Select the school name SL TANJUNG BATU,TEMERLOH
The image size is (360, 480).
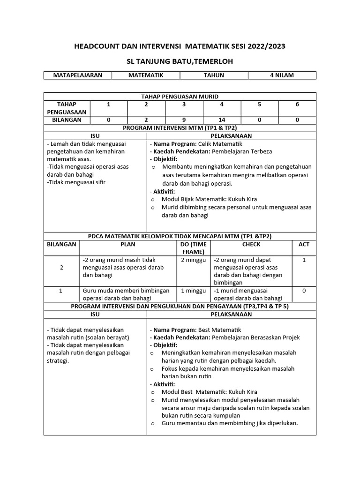pos(180,61)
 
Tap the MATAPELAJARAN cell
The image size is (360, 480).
pos(78,75)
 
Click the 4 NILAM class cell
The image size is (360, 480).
pos(282,75)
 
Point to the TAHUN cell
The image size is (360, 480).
pos(214,75)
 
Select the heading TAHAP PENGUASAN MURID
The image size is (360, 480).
pos(180,97)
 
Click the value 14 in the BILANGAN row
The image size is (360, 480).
pos(222,120)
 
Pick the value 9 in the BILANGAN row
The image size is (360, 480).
pos(184,120)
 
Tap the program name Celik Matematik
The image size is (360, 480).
pos(220,144)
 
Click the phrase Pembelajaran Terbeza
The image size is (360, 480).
pos(242,151)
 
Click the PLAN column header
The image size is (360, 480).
pos(127,244)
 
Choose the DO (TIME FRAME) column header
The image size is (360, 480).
pos(193,248)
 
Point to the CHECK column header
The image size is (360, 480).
pos(251,244)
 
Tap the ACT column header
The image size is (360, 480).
pos(304,244)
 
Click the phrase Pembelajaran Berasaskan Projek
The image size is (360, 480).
pos(256,337)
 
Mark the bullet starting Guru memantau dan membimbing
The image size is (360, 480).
pos(230,423)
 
